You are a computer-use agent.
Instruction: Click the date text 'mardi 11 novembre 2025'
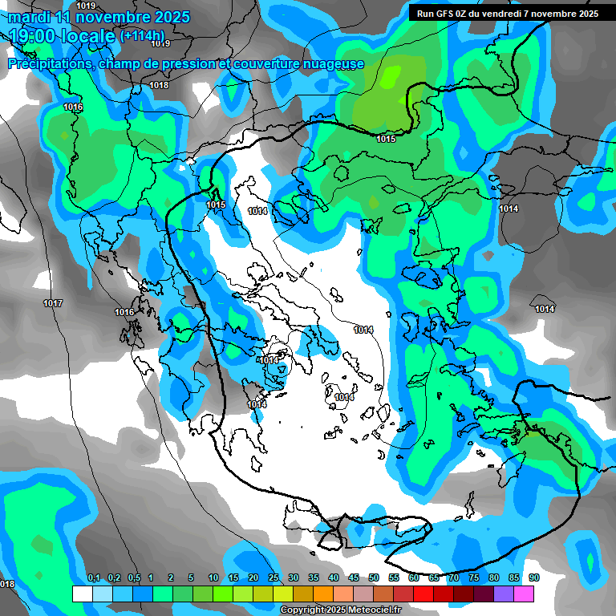pyautogui.click(x=99, y=17)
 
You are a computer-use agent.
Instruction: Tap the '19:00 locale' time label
pyautogui.click(x=63, y=36)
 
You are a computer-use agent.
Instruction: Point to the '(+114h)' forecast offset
pyautogui.click(x=142, y=36)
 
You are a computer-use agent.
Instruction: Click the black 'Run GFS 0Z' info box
pyautogui.click(x=507, y=13)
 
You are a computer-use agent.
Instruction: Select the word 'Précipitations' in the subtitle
pyautogui.click(x=50, y=63)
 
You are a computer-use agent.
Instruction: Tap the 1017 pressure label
pyautogui.click(x=53, y=303)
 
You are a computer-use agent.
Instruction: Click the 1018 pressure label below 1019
pyautogui.click(x=159, y=85)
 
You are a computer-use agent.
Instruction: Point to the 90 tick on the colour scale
pyautogui.click(x=533, y=578)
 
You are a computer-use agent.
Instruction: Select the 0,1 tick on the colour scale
pyautogui.click(x=93, y=578)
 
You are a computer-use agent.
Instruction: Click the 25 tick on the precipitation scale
pyautogui.click(x=273, y=578)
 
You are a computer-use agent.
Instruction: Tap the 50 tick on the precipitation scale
pyautogui.click(x=373, y=578)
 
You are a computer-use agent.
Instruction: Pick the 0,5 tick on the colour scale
pyautogui.click(x=133, y=578)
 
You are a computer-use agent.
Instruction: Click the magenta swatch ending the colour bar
pyautogui.click(x=524, y=594)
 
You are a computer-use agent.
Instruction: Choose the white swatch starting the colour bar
pyautogui.click(x=82, y=594)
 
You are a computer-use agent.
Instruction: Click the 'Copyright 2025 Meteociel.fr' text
pyautogui.click(x=340, y=610)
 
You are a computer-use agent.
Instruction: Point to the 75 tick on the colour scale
pyautogui.click(x=473, y=578)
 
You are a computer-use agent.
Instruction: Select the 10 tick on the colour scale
pyautogui.click(x=213, y=578)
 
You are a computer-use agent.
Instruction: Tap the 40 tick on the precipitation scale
pyautogui.click(x=333, y=578)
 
